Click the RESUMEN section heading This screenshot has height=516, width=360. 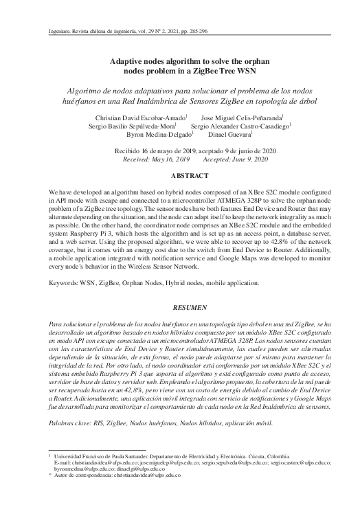tap(179, 309)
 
